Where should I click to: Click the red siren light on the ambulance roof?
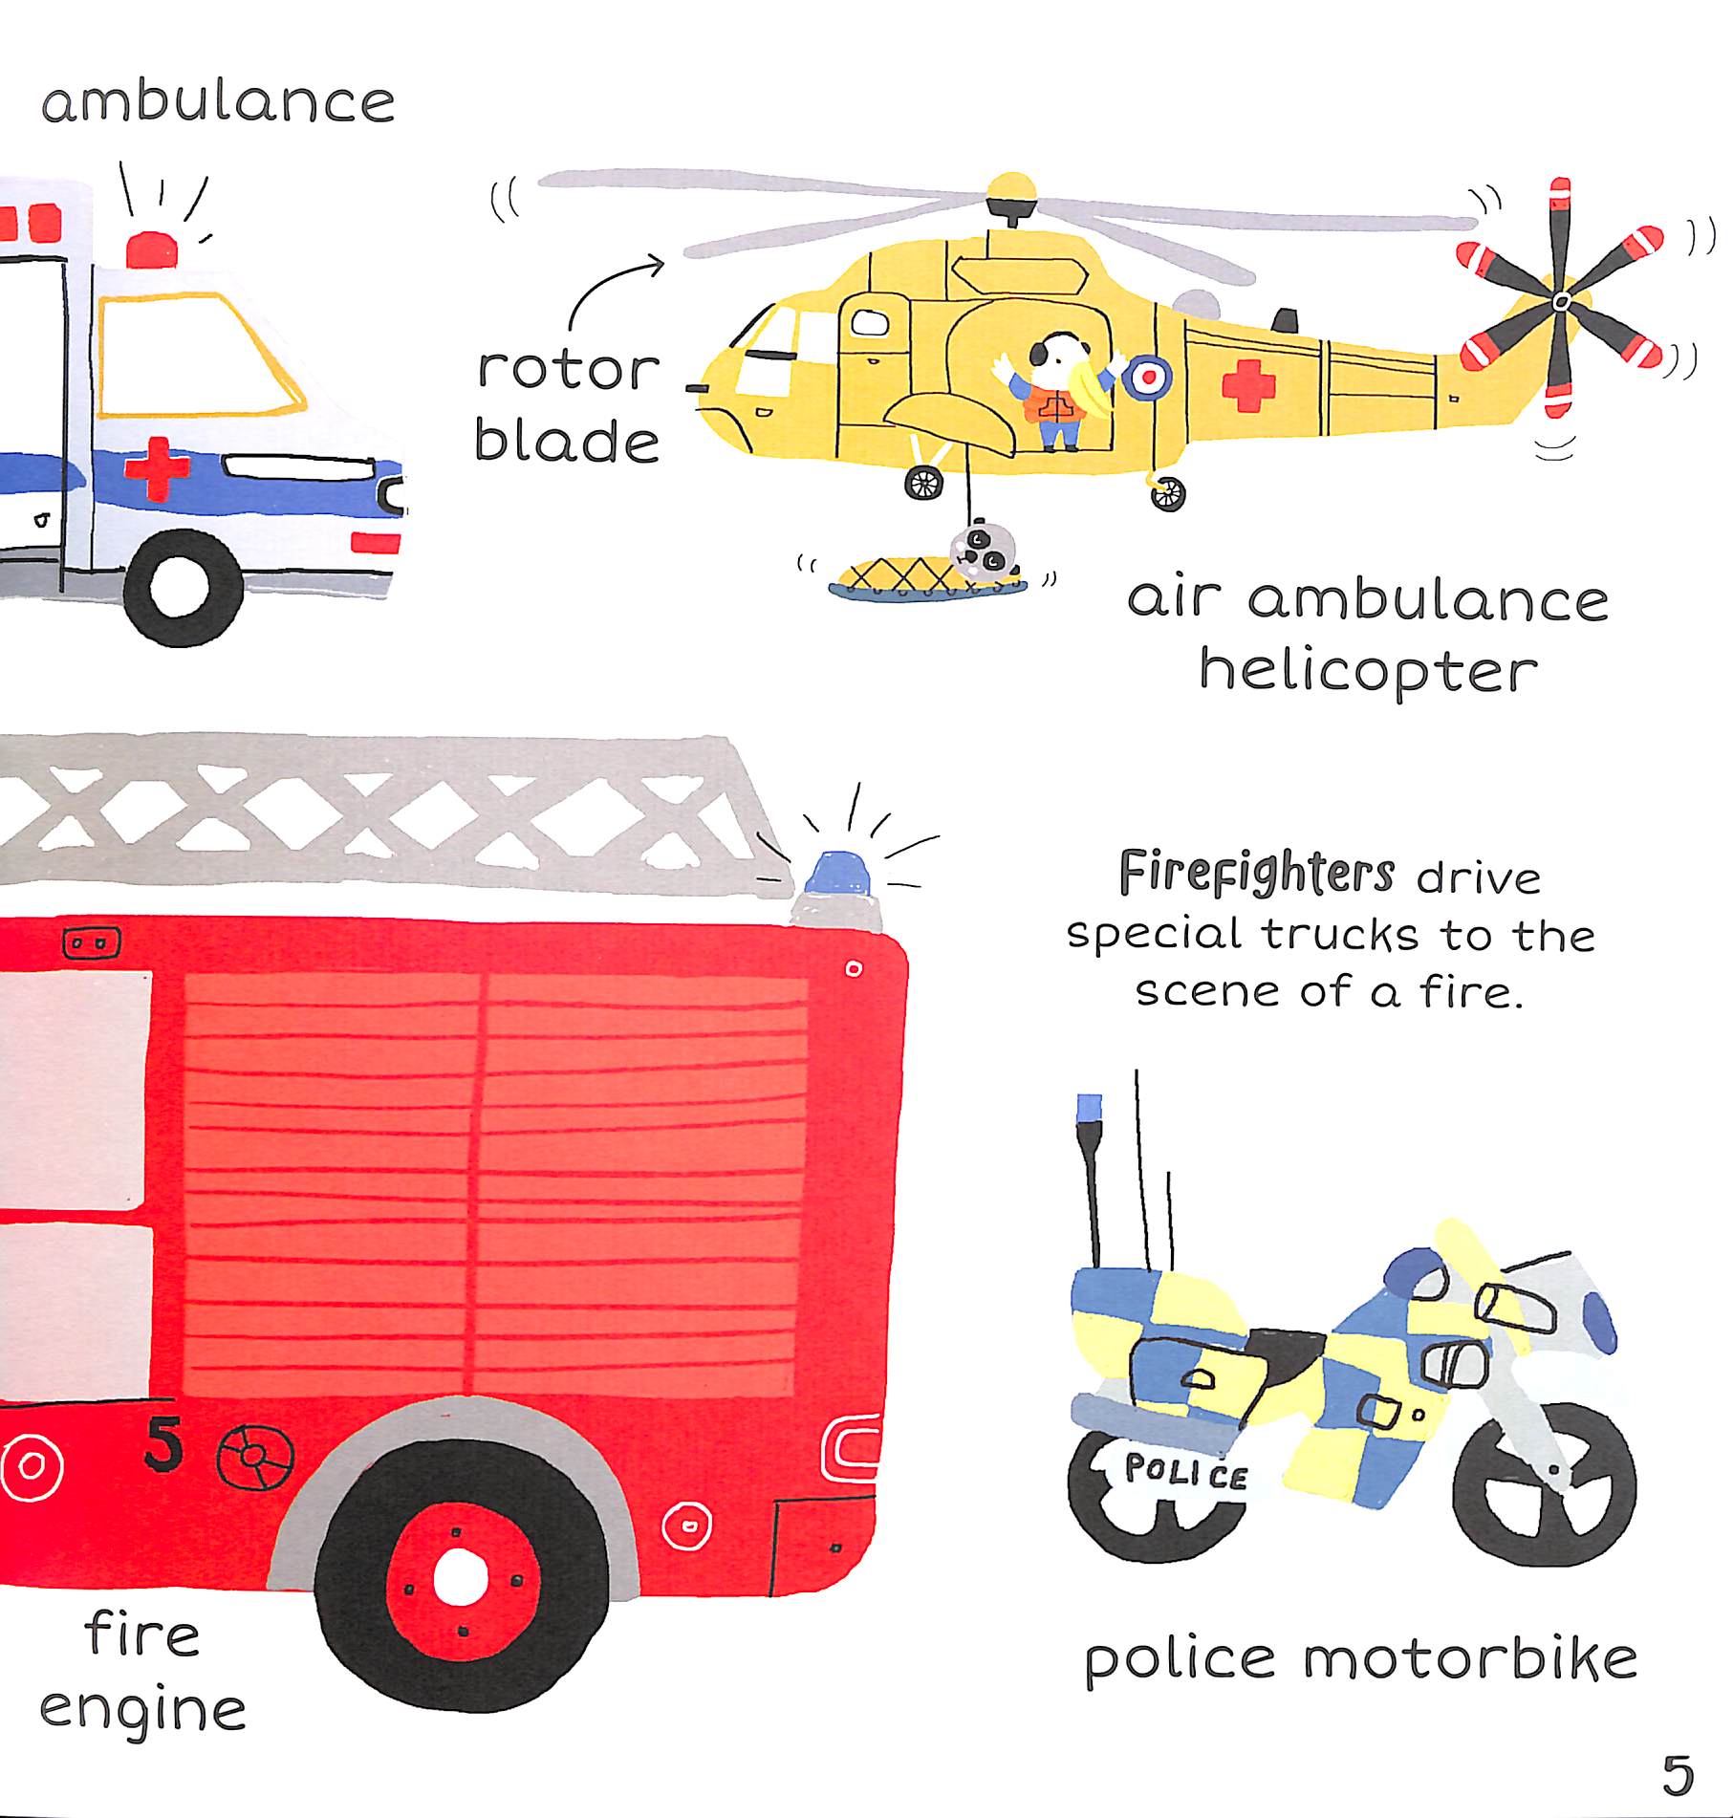click(152, 249)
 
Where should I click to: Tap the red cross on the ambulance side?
click(157, 469)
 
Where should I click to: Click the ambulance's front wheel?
click(183, 587)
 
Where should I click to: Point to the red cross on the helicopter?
click(1248, 385)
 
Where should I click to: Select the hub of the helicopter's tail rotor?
click(1561, 302)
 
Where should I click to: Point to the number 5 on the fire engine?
click(164, 1443)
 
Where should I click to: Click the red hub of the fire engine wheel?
click(460, 1578)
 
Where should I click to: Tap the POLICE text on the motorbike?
click(1186, 1472)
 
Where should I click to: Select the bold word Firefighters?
click(1256, 873)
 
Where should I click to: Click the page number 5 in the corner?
click(1678, 1776)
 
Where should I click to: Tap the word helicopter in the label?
click(1369, 672)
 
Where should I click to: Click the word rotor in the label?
click(568, 369)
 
